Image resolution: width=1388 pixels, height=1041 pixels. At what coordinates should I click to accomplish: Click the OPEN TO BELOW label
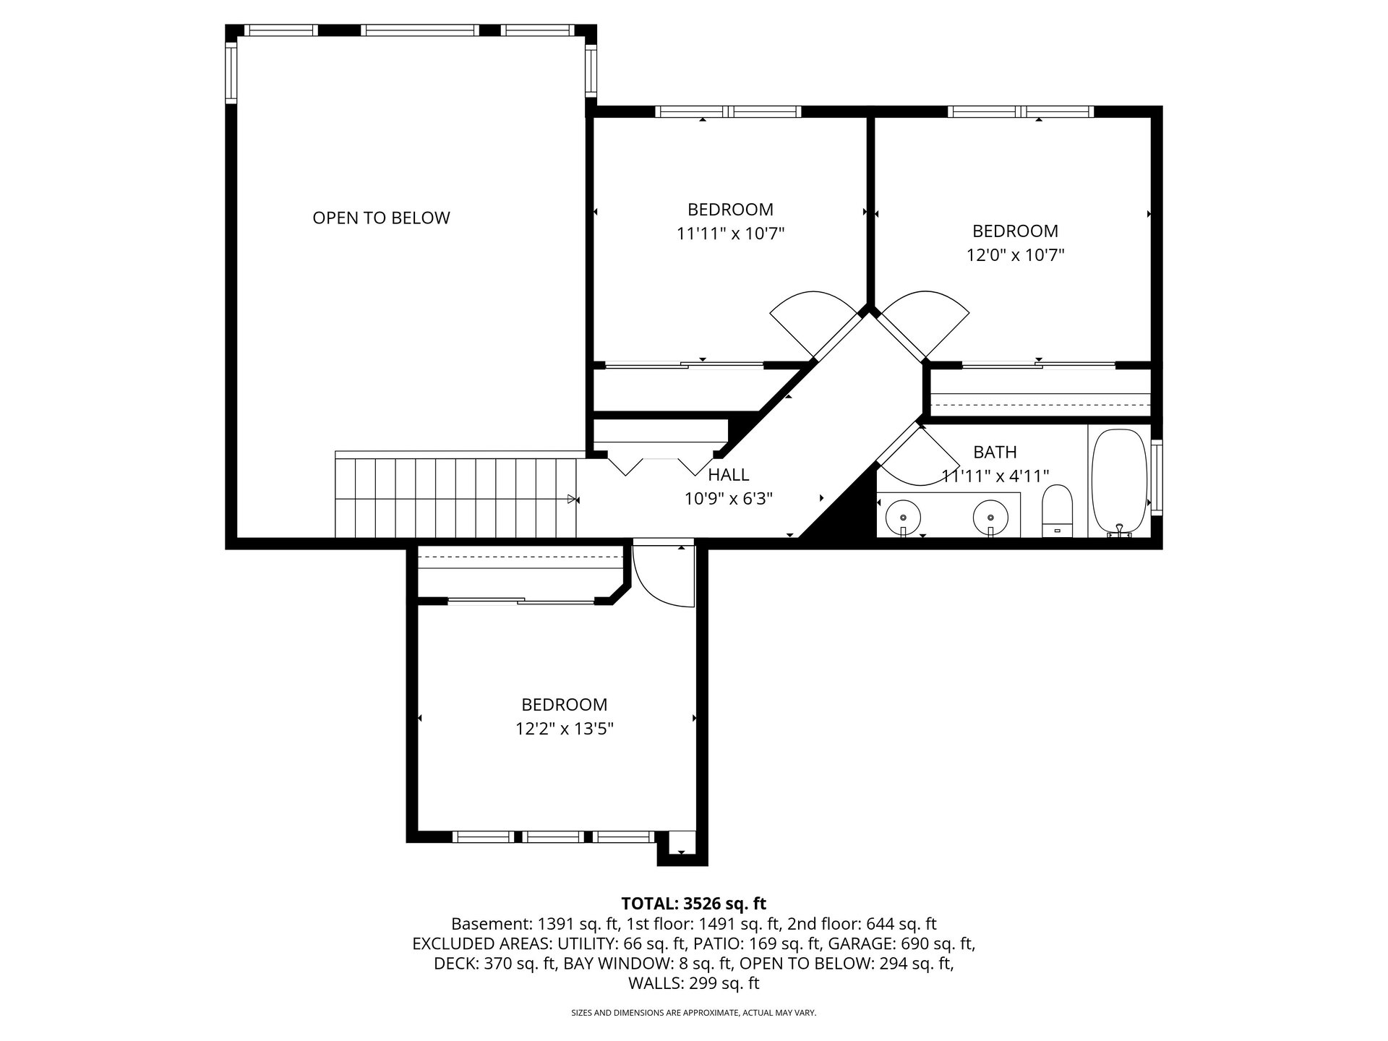[x=381, y=218]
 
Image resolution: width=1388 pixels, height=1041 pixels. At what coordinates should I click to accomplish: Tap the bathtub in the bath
[x=1118, y=482]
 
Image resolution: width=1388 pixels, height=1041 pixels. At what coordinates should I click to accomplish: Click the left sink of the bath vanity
[x=903, y=518]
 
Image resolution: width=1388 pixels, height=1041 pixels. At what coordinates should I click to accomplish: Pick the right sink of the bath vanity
[x=990, y=518]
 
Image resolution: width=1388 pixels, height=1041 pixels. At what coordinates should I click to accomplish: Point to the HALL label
[x=729, y=475]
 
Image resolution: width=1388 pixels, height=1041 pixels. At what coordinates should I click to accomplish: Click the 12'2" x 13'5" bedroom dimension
[x=565, y=729]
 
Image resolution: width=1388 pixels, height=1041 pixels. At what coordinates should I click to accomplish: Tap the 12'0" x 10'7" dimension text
[x=1015, y=255]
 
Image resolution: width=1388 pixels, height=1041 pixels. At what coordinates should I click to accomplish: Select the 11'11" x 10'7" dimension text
[x=730, y=234]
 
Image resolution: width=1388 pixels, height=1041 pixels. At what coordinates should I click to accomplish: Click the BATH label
[x=995, y=453]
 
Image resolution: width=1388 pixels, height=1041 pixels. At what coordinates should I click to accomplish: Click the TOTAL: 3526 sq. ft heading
[x=693, y=904]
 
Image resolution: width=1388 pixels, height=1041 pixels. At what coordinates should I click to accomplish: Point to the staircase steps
[x=455, y=496]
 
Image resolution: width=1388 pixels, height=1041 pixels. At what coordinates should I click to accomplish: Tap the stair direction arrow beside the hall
[x=573, y=499]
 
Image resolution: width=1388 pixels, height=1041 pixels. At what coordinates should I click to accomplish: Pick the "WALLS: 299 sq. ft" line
[x=694, y=983]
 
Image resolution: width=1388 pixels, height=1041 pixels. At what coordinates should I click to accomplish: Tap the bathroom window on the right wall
[x=1157, y=477]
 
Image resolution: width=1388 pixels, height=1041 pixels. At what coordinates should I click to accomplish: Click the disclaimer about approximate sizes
[x=694, y=1013]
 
